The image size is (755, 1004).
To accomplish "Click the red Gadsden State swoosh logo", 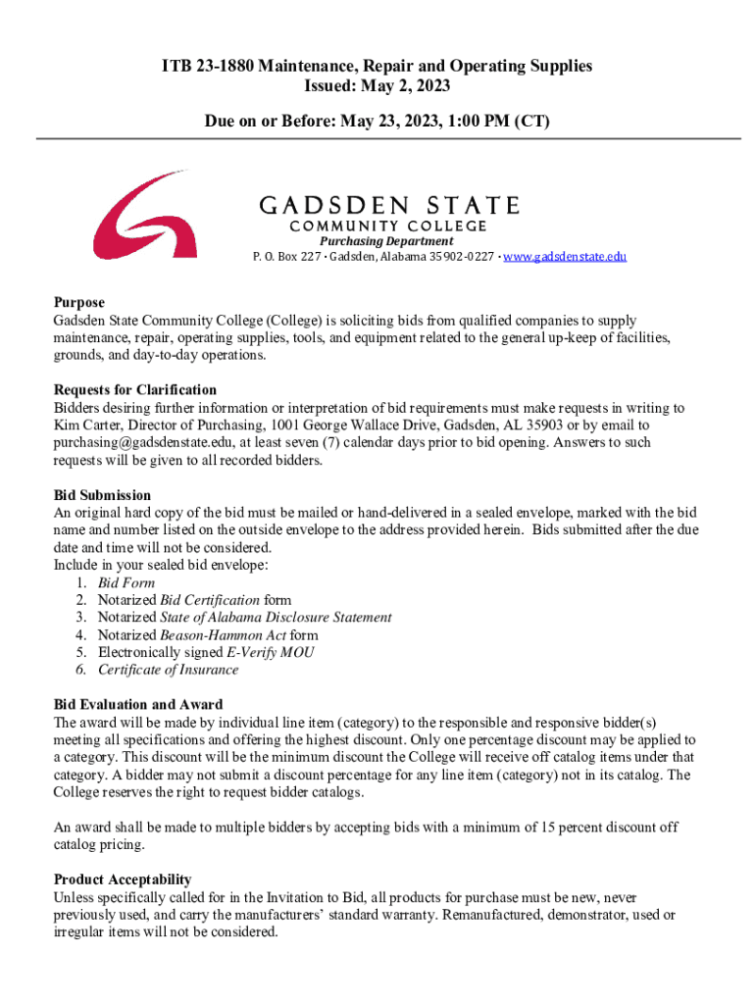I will click(x=147, y=216).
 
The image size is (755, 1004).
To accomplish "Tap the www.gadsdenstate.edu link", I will click(x=566, y=257).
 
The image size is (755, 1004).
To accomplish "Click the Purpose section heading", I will click(x=79, y=303).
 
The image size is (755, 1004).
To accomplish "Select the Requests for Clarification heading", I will click(x=135, y=390).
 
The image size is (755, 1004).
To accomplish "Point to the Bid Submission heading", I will click(x=102, y=495).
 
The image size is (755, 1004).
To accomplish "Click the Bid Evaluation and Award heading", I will click(x=137, y=704).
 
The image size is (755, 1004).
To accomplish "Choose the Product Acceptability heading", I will click(x=123, y=878).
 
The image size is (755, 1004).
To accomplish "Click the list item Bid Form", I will click(x=126, y=582).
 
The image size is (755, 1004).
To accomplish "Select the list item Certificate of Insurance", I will click(x=168, y=670).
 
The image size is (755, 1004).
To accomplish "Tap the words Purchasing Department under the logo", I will click(x=386, y=241).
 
